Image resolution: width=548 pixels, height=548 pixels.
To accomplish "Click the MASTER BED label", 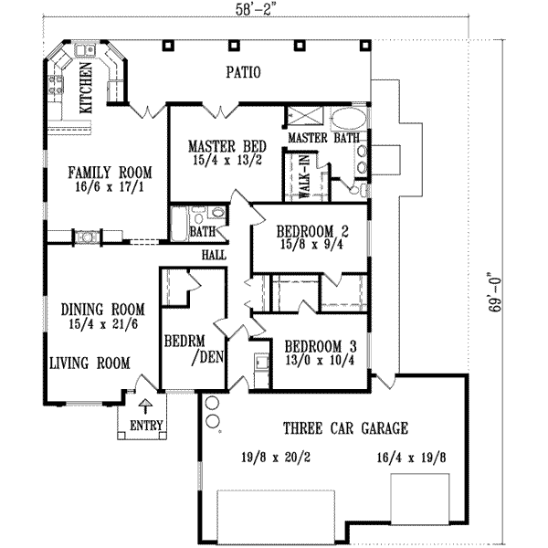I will pos(227,146).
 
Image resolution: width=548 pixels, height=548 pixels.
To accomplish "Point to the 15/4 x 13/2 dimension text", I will pos(227,162).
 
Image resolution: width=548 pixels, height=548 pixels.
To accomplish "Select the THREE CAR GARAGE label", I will pos(344,427).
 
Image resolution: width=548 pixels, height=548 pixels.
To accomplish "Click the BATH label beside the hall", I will pos(202,232).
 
